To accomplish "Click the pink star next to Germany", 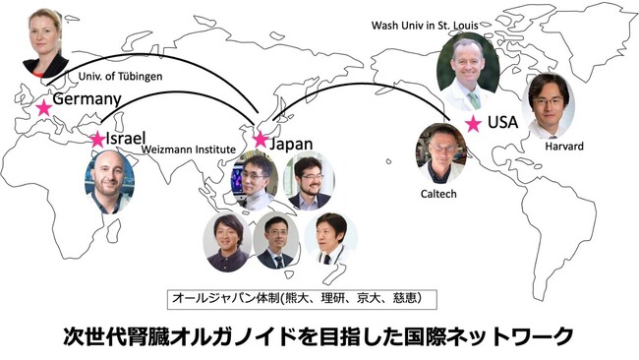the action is click(43, 106).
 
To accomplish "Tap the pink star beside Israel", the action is click(97, 140).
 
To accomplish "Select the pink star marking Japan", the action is click(261, 140).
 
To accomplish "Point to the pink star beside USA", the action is click(473, 123).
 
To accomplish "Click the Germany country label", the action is click(87, 99).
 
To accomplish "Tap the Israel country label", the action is click(126, 137).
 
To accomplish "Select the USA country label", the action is click(502, 123).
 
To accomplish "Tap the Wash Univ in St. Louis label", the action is click(430, 23).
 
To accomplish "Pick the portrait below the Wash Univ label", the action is click(468, 70).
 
